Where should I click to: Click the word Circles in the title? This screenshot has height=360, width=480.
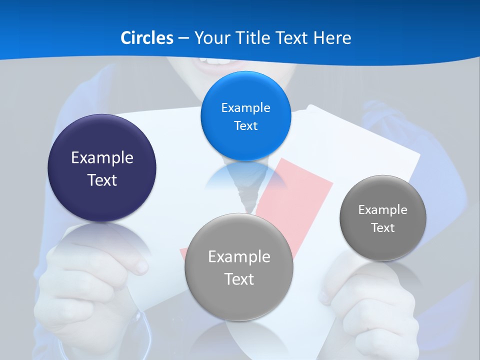click(146, 38)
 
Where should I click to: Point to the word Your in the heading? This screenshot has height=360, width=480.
click(213, 38)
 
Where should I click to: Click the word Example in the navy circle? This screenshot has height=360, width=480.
click(102, 157)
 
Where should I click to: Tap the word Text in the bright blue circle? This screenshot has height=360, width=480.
click(245, 125)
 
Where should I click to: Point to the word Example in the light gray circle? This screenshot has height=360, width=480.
click(239, 256)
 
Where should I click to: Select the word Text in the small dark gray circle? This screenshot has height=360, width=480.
click(383, 227)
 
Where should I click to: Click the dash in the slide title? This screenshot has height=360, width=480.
click(183, 38)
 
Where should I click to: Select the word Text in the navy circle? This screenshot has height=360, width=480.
click(102, 180)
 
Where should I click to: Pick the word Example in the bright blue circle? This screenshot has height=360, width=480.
click(245, 107)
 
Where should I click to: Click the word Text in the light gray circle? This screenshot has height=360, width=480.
click(239, 279)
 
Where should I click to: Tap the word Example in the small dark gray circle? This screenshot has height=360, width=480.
click(383, 209)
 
